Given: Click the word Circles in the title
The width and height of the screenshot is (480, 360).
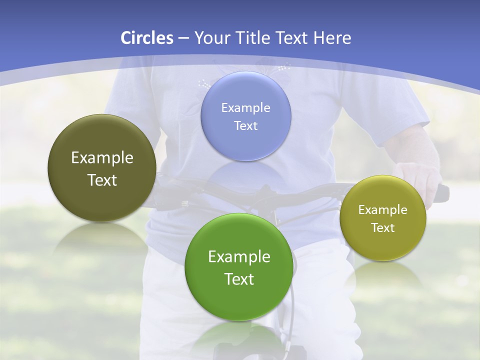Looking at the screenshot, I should point(146,38).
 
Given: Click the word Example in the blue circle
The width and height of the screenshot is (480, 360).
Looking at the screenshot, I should point(245,107).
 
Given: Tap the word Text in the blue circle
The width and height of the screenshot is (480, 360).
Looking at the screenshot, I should point(245,125).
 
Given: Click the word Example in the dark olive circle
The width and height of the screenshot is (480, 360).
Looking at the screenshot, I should point(102,158).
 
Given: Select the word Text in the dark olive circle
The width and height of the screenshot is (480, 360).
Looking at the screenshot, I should point(102,180).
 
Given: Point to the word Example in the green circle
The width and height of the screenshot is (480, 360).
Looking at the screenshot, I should point(239,256).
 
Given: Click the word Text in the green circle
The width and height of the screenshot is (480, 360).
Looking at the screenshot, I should point(239,279).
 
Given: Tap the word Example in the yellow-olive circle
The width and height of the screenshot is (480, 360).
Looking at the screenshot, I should point(383,209).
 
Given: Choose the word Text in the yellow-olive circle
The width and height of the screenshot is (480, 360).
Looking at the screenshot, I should point(383,227).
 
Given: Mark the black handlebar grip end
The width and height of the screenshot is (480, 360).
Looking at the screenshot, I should point(443,193).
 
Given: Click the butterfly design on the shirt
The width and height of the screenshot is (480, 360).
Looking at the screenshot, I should point(272,70).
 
